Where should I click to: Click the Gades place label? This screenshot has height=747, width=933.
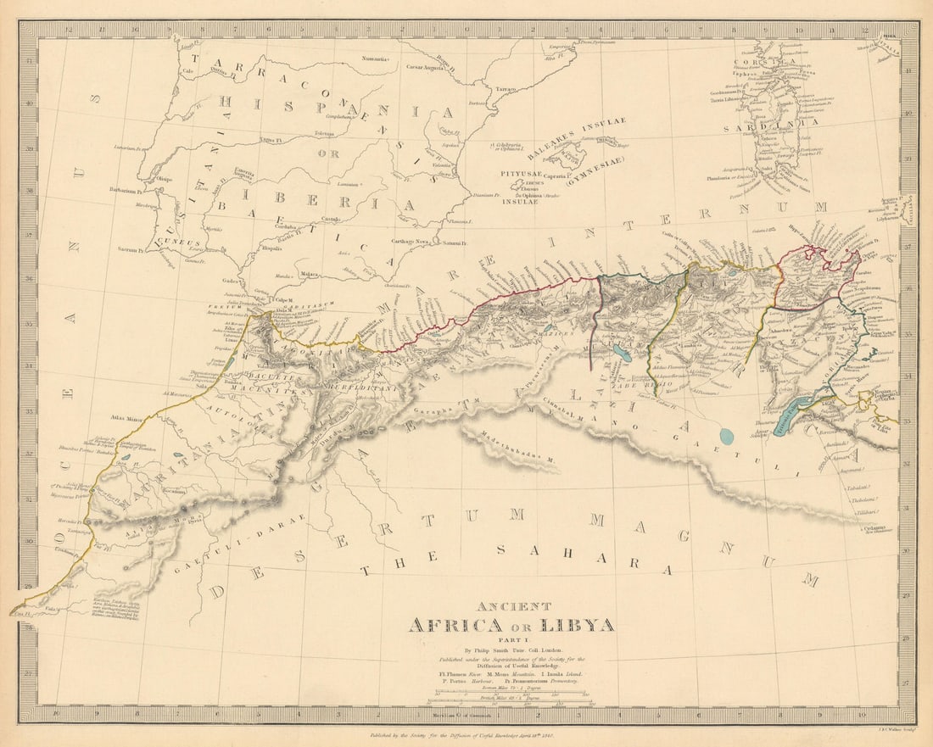[232, 279]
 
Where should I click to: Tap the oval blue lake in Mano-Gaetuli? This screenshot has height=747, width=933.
[726, 436]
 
